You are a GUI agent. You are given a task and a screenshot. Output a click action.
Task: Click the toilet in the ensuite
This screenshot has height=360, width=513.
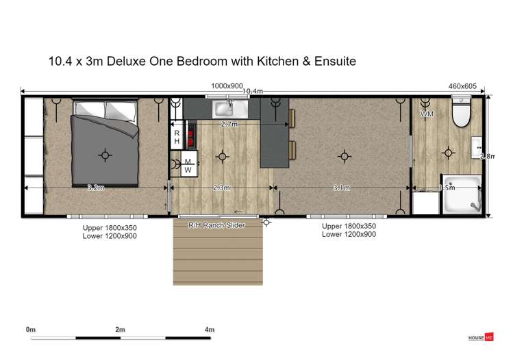coord(461,114)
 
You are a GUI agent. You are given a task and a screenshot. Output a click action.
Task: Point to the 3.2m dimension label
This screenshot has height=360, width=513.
coord(95,188)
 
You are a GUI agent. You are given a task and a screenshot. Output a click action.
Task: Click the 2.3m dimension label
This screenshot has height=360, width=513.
coord(221,188)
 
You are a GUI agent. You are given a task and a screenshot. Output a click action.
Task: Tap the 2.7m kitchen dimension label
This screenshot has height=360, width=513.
coord(229,125)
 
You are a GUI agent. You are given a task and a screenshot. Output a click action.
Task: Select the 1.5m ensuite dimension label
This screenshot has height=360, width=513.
coord(446,188)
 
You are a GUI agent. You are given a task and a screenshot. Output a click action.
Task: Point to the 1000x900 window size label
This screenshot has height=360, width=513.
coord(227,86)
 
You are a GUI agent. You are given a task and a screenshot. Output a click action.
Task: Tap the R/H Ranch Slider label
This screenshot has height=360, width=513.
coord(216,224)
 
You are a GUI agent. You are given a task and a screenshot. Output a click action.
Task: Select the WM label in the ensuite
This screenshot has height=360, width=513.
coord(427,114)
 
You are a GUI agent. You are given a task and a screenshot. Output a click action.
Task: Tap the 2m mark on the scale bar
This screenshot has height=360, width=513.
coord(120,330)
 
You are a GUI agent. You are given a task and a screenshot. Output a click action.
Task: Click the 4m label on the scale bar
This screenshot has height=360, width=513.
coord(210,330)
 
